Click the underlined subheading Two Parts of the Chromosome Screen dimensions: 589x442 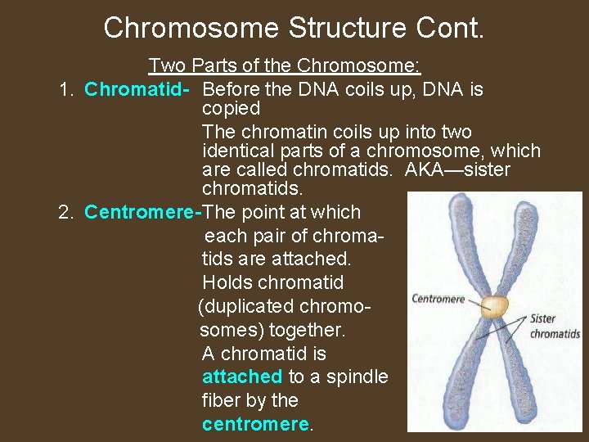[x=284, y=65]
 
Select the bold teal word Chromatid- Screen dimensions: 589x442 [x=138, y=89]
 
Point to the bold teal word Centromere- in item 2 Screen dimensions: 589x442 [x=142, y=213]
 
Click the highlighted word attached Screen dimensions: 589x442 [x=241, y=377]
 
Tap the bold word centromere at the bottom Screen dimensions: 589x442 [x=255, y=425]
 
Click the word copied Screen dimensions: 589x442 [x=231, y=109]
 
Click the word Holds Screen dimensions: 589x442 [x=227, y=283]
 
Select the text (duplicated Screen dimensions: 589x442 [x=245, y=307]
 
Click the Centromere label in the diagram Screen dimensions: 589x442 [x=438, y=299]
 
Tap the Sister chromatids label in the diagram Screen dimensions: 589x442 [x=555, y=326]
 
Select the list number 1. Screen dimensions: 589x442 [x=67, y=89]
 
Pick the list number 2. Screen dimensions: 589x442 [x=67, y=213]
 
